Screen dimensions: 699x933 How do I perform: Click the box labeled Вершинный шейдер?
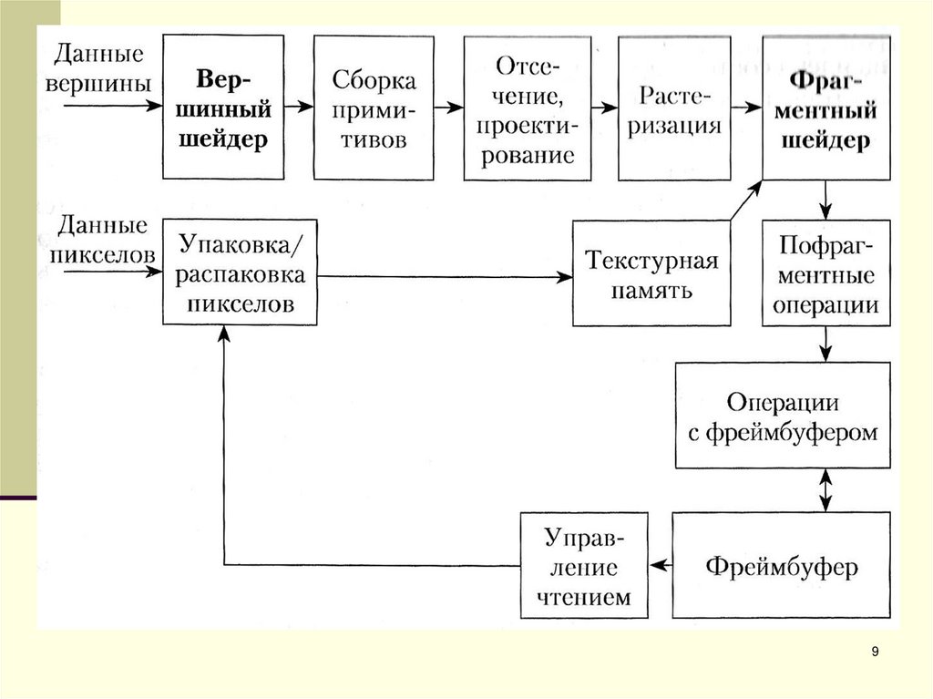click(x=222, y=108)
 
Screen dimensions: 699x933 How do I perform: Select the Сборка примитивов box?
click(x=373, y=108)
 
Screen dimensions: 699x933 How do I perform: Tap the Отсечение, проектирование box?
click(x=528, y=108)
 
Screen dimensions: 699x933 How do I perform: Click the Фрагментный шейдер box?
click(x=826, y=108)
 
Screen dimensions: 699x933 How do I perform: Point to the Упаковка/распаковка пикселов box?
click(x=241, y=272)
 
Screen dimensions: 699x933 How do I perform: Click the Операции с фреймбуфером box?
click(x=782, y=416)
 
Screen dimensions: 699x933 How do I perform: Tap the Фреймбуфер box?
click(x=781, y=567)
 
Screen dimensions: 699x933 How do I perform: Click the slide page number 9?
click(x=876, y=652)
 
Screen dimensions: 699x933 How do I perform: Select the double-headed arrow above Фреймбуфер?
click(x=825, y=490)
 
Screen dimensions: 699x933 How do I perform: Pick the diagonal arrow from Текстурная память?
click(x=746, y=200)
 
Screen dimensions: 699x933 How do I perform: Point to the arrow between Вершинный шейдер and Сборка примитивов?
click(x=297, y=107)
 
